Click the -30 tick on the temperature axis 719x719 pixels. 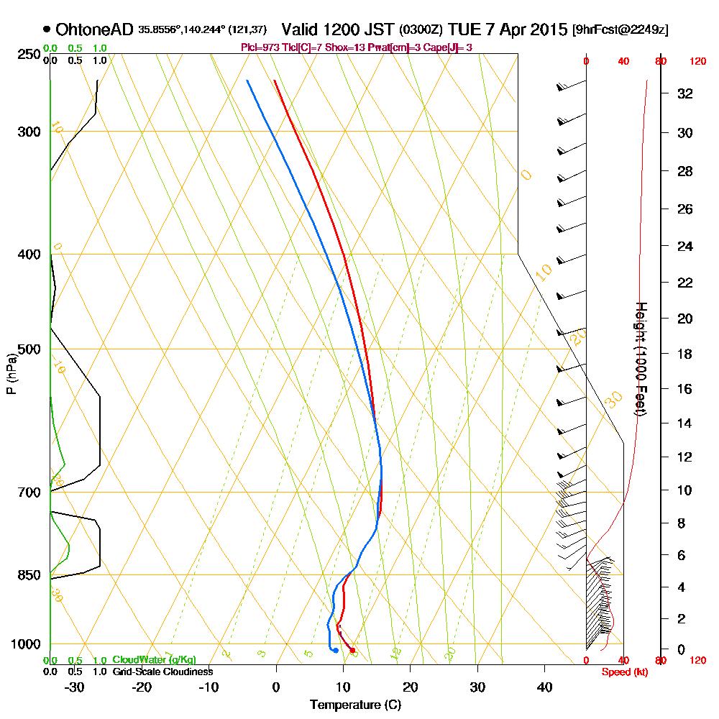coord(75,687)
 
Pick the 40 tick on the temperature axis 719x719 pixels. coord(545,687)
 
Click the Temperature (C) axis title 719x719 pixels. coord(355,705)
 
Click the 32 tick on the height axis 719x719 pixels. coord(685,93)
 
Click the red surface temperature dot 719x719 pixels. coord(352,651)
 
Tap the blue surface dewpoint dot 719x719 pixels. coord(336,651)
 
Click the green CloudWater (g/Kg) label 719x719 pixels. coord(154,660)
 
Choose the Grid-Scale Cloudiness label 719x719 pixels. coord(162,672)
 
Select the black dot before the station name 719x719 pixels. coord(47,29)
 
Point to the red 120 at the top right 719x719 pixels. coord(697,62)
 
